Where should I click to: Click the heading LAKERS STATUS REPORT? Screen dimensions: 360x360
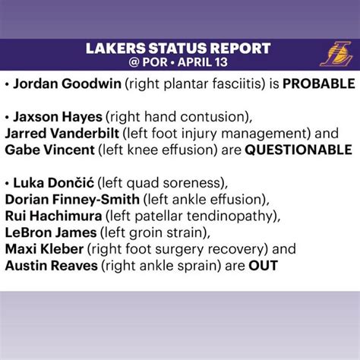click(180, 49)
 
